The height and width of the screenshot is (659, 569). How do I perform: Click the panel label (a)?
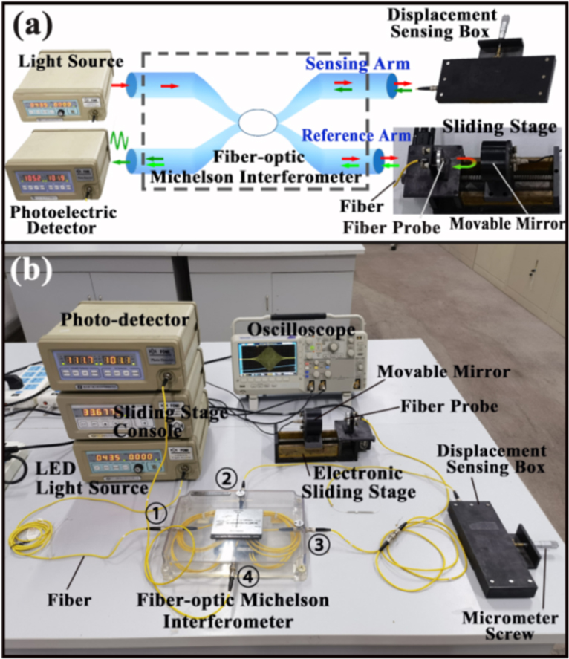33,28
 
